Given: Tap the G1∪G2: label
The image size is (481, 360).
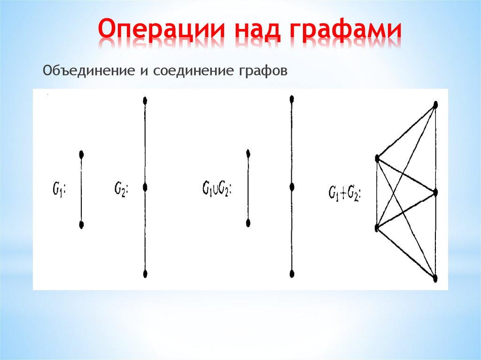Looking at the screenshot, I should pyautogui.click(x=217, y=189).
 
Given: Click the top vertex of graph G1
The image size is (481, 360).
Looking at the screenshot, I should pyautogui.click(x=82, y=154).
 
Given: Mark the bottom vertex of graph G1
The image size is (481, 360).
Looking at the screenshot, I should pyautogui.click(x=82, y=225).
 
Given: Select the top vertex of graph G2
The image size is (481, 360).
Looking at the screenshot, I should pyautogui.click(x=145, y=100).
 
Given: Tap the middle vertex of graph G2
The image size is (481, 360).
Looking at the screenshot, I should pyautogui.click(x=145, y=188).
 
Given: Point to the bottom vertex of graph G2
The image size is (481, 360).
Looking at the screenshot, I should pyautogui.click(x=145, y=274).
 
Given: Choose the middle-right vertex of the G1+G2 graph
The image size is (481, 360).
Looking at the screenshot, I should pyautogui.click(x=436, y=192).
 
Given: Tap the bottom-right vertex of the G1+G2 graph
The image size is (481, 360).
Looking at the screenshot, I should pyautogui.click(x=435, y=278).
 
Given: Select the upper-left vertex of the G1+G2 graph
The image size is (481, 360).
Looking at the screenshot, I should pyautogui.click(x=377, y=159).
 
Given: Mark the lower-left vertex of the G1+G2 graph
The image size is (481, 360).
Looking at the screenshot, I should pyautogui.click(x=377, y=228).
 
